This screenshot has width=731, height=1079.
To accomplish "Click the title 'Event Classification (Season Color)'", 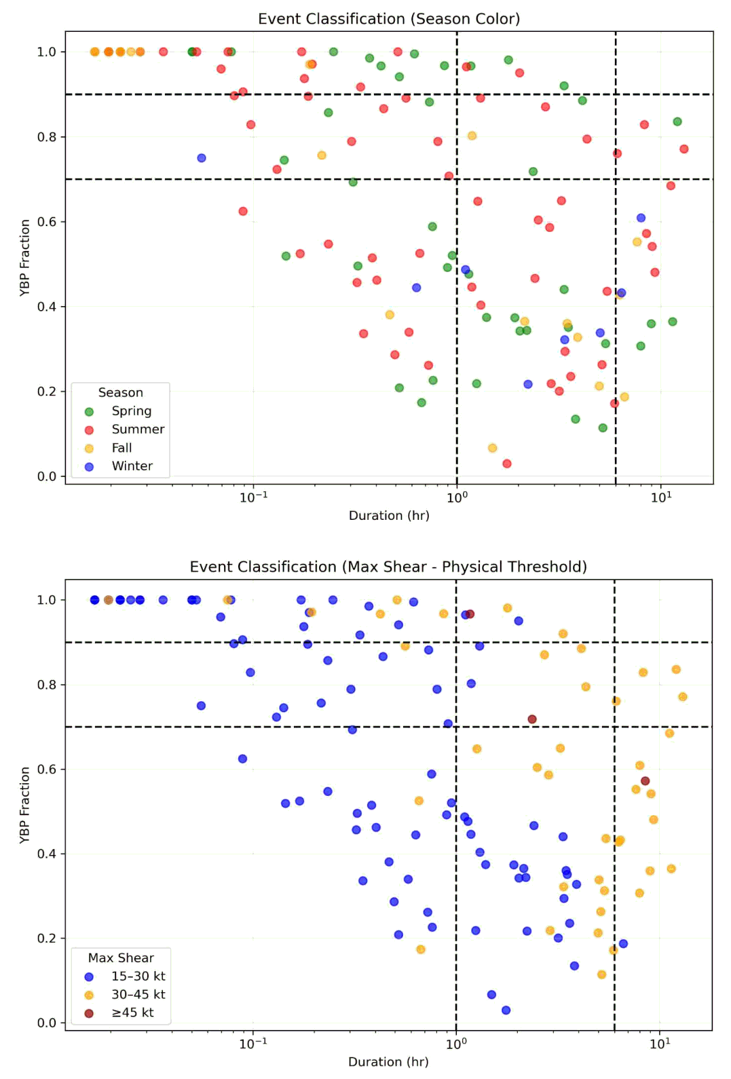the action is (389, 19).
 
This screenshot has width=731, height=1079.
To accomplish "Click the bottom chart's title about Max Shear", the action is (388, 567).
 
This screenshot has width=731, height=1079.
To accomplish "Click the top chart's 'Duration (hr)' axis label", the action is (389, 516).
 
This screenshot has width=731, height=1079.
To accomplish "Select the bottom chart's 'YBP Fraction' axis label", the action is (24, 804).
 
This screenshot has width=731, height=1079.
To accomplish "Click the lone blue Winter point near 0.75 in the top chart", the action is (202, 158).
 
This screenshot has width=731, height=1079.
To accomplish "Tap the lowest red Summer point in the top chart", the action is (506, 463).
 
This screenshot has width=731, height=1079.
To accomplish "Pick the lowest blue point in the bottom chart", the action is (506, 1010).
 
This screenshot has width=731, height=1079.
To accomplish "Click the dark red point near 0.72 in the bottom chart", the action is (532, 719).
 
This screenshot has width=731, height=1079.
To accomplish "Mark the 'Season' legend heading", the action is (120, 393).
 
